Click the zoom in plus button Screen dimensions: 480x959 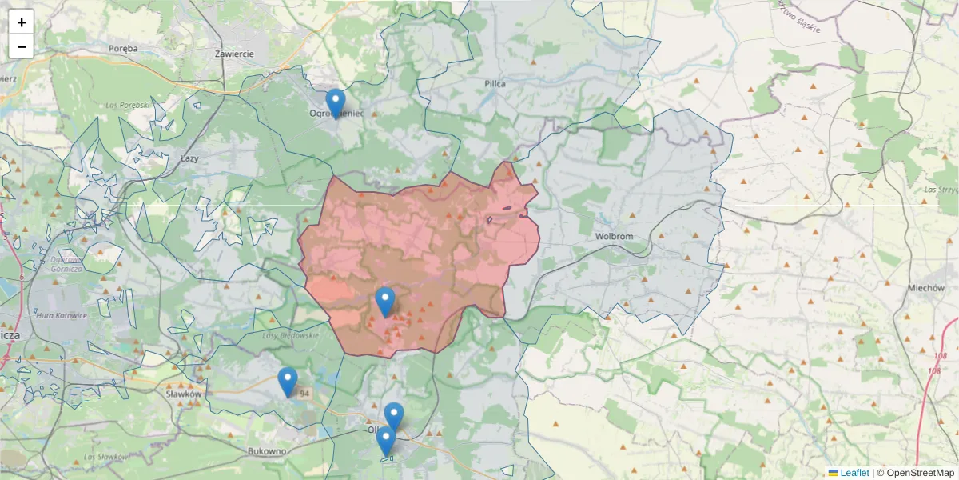[x=22, y=22]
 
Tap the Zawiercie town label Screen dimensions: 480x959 [x=234, y=54]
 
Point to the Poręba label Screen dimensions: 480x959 [x=123, y=48]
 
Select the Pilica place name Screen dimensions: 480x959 [x=495, y=83]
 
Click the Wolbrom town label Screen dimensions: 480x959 [x=614, y=237]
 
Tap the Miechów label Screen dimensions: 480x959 [x=927, y=288]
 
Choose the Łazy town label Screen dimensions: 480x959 [x=189, y=158]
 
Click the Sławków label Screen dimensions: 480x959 [x=182, y=394]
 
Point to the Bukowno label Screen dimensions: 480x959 [x=267, y=451]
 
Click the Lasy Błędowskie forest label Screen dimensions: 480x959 [x=290, y=335]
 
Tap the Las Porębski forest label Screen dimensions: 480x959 [x=128, y=105]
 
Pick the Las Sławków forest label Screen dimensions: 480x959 [x=105, y=456]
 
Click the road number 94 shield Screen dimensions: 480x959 [x=304, y=394]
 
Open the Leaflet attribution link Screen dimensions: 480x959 [x=854, y=473]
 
